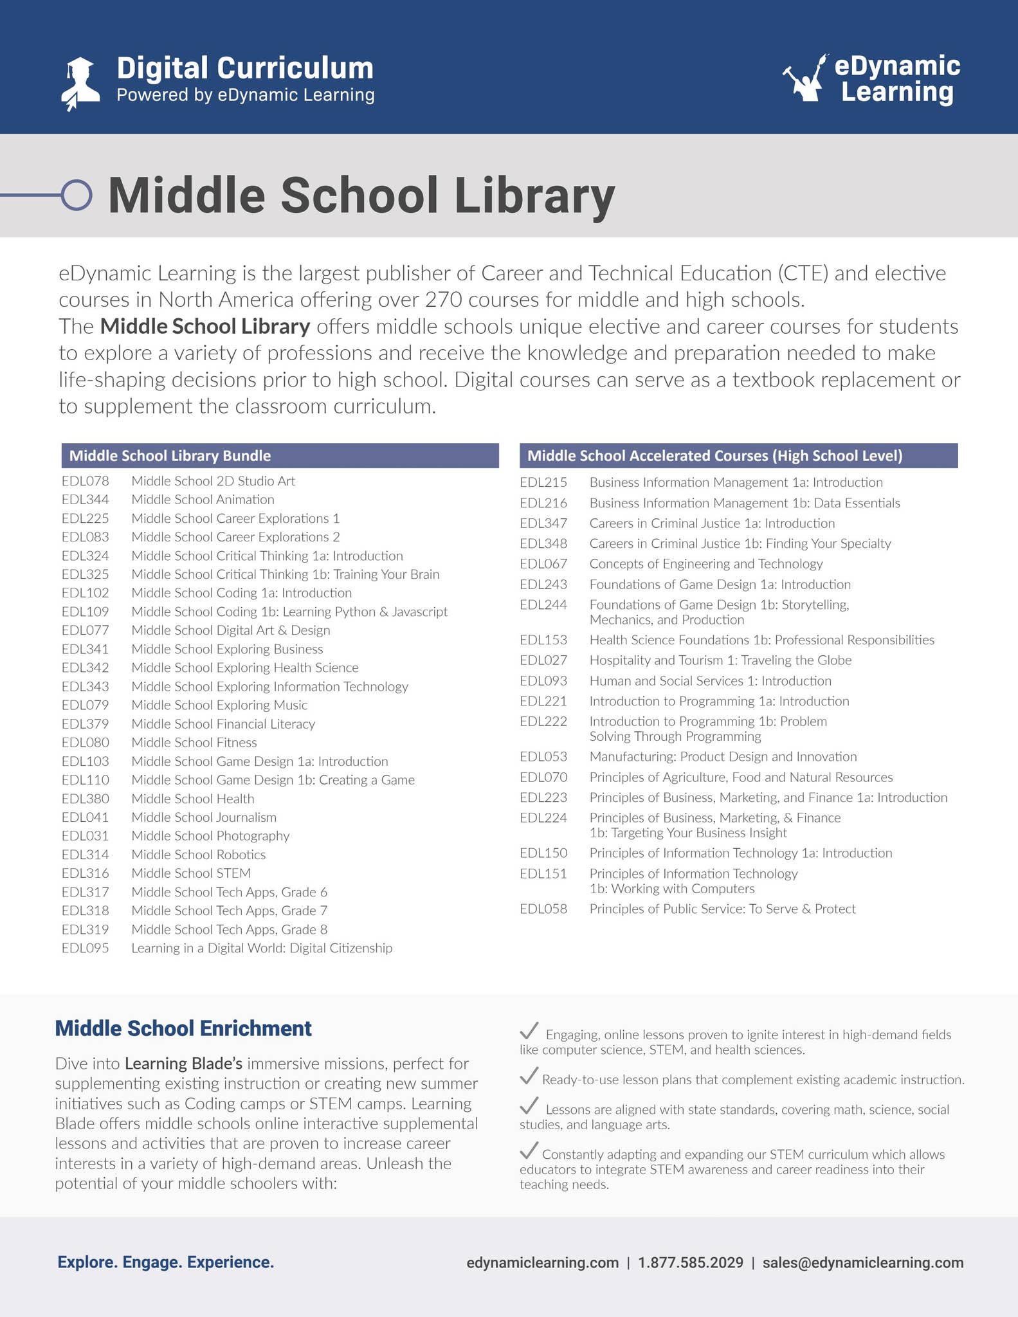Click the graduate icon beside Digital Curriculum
coord(81,83)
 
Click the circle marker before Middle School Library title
coord(77,194)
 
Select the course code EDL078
coord(86,481)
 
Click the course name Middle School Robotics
coord(198,855)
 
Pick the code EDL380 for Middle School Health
coord(86,799)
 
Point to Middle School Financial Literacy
coord(223,724)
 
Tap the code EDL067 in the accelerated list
coord(543,564)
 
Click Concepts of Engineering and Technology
coord(705,564)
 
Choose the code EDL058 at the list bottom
coord(543,909)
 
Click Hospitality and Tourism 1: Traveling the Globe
coord(720,660)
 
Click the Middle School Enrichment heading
coord(183,1028)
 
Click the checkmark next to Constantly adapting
coord(529,1150)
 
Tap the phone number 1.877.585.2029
coord(690,1262)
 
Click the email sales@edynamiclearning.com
coord(862,1262)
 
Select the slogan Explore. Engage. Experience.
coord(166,1262)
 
